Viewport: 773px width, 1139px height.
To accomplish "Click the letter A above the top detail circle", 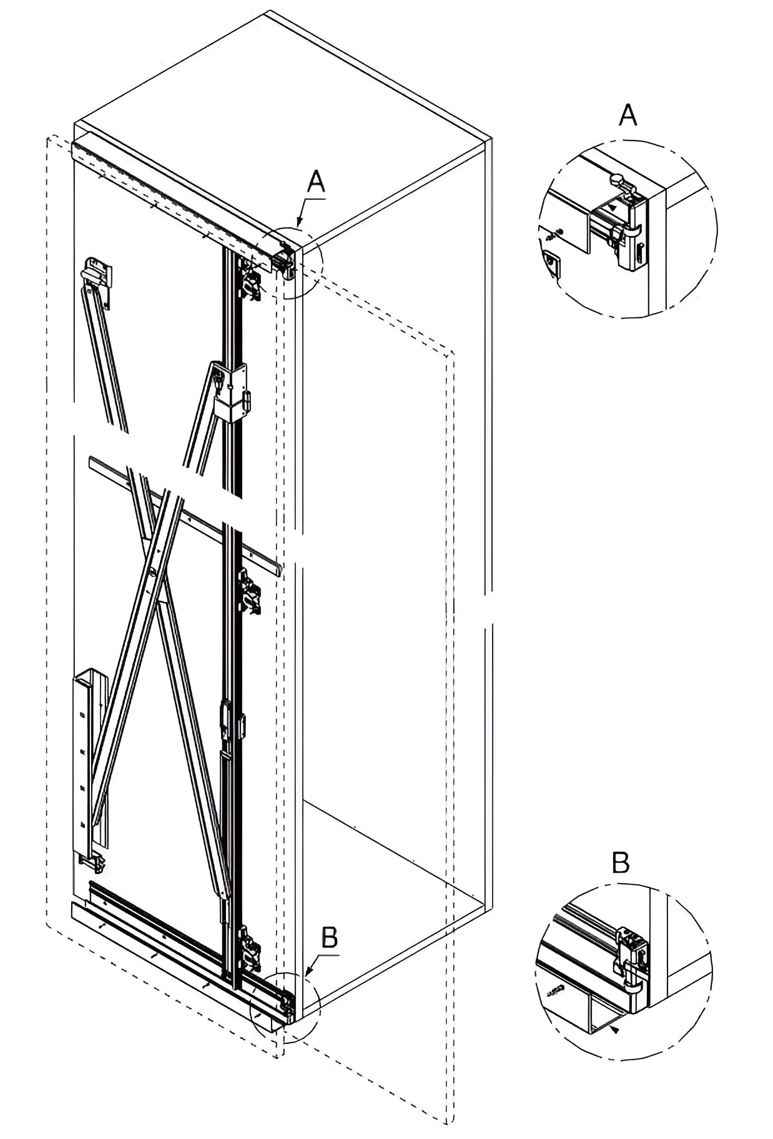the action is (x=628, y=116).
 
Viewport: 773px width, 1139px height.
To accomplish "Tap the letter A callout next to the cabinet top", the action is (x=317, y=182).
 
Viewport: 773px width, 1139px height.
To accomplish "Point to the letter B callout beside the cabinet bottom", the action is (x=329, y=937).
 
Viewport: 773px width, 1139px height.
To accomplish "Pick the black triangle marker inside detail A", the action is (x=613, y=205).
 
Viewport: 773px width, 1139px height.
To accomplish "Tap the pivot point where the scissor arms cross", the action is (x=152, y=569).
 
